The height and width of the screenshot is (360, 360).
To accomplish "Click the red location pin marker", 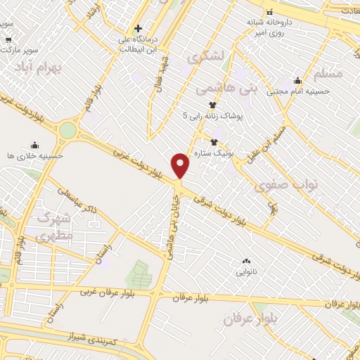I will [181, 165].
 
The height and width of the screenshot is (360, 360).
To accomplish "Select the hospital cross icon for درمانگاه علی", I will [139, 29].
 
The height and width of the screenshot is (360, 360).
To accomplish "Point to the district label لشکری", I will [206, 53].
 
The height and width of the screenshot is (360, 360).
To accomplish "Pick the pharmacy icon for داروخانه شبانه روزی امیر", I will [269, 13].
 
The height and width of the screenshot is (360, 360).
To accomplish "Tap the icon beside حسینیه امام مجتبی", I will [297, 81].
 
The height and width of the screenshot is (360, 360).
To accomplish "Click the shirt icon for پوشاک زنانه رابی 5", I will [203, 105].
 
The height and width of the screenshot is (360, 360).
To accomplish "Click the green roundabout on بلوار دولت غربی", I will [68, 130].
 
